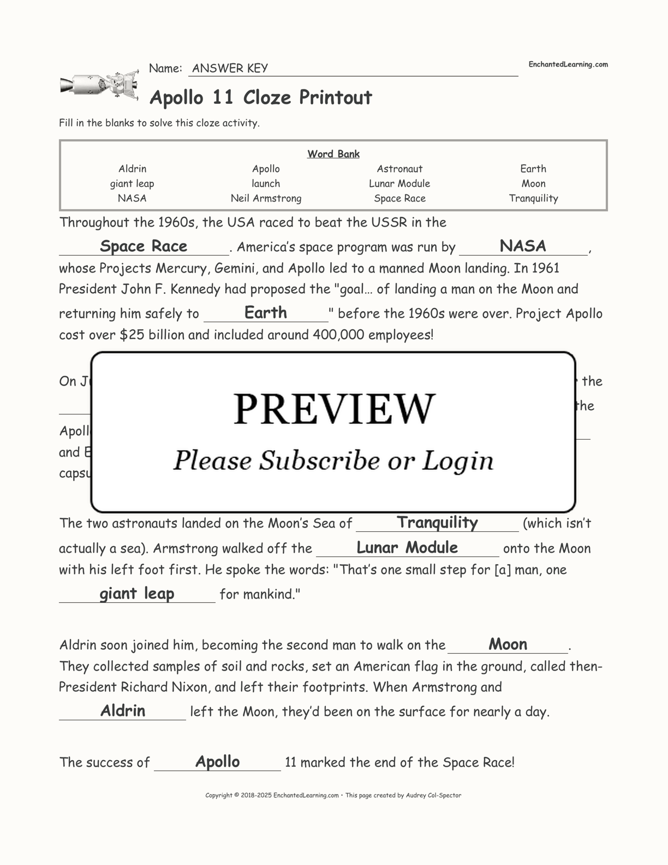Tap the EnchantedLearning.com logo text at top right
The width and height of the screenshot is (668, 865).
[568, 64]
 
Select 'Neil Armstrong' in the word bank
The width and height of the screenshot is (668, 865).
[266, 198]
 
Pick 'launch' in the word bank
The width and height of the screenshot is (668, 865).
[266, 183]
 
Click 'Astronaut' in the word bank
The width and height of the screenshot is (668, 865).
[399, 169]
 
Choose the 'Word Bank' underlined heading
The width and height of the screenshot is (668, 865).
[333, 154]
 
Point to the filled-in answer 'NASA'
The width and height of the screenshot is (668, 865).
[523, 246]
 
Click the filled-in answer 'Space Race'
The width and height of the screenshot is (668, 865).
[144, 246]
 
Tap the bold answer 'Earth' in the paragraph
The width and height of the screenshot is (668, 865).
[266, 312]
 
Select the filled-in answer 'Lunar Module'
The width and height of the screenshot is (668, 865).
[407, 547]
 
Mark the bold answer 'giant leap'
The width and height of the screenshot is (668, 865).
[137, 593]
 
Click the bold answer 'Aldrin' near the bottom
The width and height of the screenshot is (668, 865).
[123, 710]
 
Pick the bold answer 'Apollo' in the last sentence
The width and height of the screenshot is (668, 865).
[217, 761]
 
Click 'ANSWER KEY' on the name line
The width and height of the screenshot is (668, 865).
[230, 68]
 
